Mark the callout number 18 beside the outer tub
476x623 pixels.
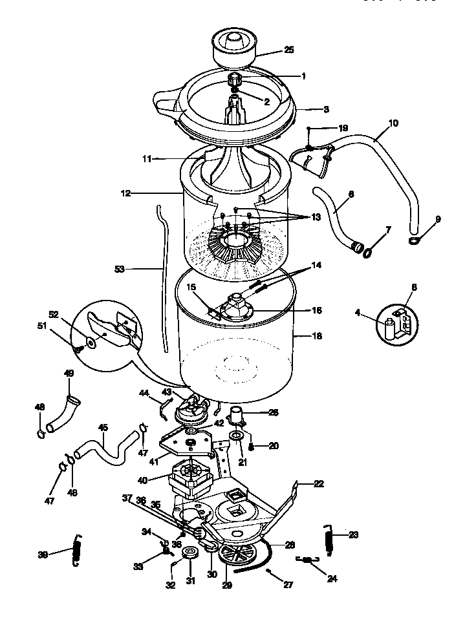pyautogui.click(x=317, y=337)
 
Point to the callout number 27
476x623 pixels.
pyautogui.click(x=288, y=586)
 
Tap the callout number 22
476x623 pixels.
pyautogui.click(x=319, y=483)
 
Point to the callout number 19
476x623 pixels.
pyautogui.click(x=343, y=128)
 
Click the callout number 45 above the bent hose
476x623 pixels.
pyautogui.click(x=102, y=427)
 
